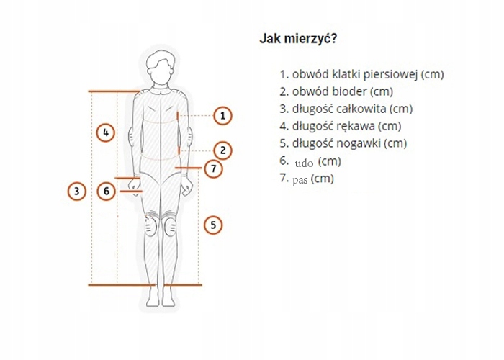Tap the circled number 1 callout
click(223, 115)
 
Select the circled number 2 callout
click(223, 150)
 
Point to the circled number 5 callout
click(212, 225)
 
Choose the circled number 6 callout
click(106, 192)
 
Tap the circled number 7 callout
click(212, 168)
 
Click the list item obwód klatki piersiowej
click(361, 74)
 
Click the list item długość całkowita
click(346, 109)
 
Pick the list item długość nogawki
click(343, 143)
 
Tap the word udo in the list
click(304, 162)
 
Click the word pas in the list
click(300, 180)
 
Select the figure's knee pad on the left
click(150, 228)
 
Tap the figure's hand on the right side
click(187, 186)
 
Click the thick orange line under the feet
click(144, 285)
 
